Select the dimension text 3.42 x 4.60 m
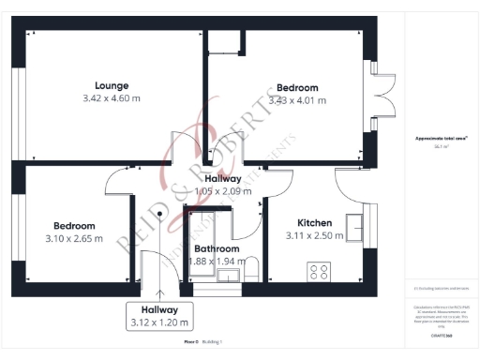pyautogui.click(x=111, y=97)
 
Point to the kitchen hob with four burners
pyautogui.click(x=319, y=273)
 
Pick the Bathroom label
pyautogui.click(x=217, y=249)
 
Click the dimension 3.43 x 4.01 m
pyautogui.click(x=297, y=100)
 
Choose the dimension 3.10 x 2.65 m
pyautogui.click(x=74, y=238)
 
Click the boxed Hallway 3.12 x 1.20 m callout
pyautogui.click(x=159, y=316)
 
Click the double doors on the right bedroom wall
pyautogui.click(x=381, y=96)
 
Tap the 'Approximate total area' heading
pyautogui.click(x=441, y=139)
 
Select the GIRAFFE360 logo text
pyautogui.click(x=441, y=335)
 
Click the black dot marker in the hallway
pyautogui.click(x=159, y=213)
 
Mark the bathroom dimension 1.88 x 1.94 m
pyautogui.click(x=215, y=262)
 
